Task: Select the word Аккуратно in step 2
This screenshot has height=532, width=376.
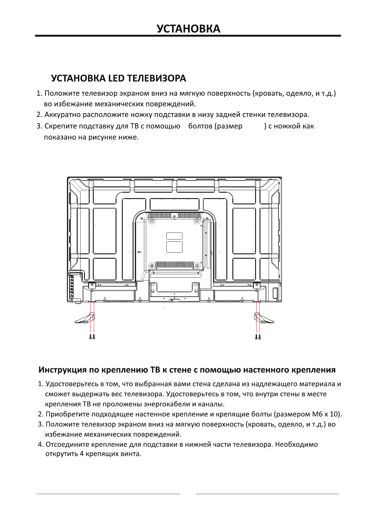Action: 61,114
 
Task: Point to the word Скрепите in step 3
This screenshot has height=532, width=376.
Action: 60,126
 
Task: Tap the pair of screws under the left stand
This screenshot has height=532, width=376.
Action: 92,337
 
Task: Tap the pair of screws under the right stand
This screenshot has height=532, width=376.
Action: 258,337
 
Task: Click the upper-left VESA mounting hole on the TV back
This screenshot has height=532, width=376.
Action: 152,220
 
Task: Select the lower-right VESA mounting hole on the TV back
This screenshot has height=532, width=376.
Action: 198,265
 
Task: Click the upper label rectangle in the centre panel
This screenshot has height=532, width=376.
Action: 174,236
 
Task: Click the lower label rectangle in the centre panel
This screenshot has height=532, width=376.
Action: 174,247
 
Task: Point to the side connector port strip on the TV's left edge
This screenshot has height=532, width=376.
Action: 72,286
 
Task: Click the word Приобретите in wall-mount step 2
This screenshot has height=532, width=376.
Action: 67,414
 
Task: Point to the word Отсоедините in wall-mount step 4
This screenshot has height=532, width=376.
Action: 67,444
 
